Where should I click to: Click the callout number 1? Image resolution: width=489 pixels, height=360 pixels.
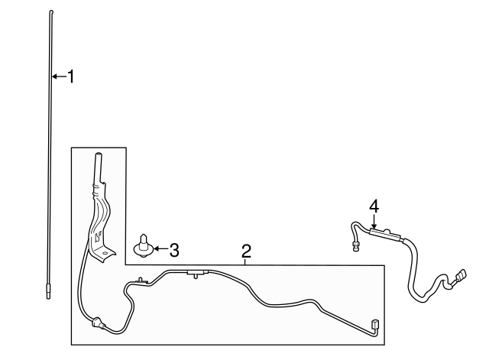pos(71,76)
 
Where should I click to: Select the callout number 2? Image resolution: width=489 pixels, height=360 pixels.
pos(246,251)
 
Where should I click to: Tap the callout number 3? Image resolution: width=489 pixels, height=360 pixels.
pos(174,250)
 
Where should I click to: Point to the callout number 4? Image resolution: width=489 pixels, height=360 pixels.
pos(374,207)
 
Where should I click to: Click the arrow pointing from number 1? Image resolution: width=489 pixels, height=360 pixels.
pos(60,76)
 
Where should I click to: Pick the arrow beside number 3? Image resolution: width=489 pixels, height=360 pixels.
pos(160,248)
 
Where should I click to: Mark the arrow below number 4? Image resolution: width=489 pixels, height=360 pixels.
pos(374,222)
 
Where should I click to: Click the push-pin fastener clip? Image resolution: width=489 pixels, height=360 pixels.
pos(143,245)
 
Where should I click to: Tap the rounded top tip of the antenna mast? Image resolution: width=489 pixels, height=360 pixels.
pos(51,12)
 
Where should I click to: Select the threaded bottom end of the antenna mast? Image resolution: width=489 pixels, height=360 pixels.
pos(48,291)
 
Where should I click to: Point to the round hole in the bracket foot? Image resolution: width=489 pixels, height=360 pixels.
pos(105,253)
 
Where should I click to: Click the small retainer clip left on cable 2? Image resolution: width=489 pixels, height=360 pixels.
pos(141,281)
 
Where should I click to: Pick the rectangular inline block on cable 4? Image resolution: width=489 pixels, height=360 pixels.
pos(384,233)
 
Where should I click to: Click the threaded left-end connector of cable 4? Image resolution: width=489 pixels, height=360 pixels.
pos(355,245)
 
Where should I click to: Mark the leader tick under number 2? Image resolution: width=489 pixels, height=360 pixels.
pos(246,261)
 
